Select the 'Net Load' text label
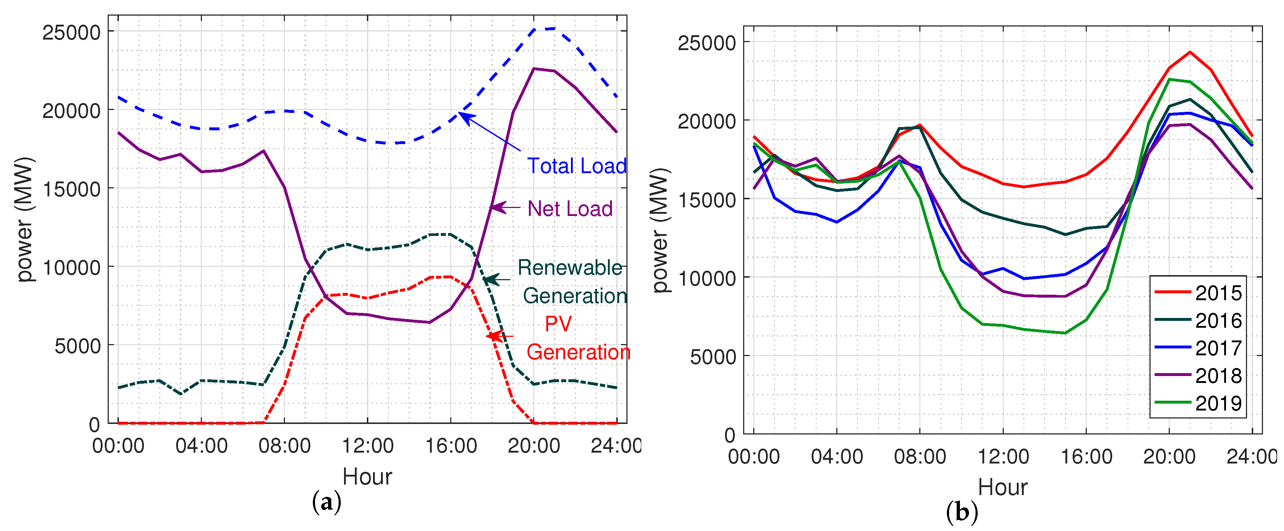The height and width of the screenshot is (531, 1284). (x=570, y=209)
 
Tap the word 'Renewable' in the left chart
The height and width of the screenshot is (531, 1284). (x=570, y=268)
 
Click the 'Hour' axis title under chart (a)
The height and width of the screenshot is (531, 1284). (x=367, y=477)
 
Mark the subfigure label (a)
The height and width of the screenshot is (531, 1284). (x=327, y=502)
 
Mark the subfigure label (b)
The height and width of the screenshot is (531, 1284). (x=961, y=512)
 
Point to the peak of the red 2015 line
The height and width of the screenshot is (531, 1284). (x=1190, y=52)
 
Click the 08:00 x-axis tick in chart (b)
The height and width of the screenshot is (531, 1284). (x=920, y=456)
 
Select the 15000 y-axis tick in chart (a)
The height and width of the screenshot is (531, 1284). (x=71, y=189)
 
